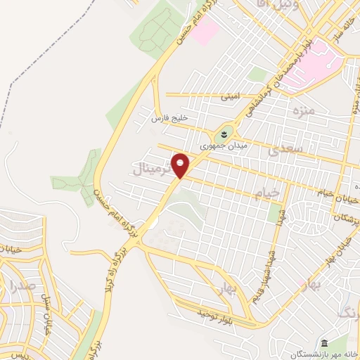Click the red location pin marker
coord(181,165)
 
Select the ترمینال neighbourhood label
coord(151,169)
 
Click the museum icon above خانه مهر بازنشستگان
coord(325,343)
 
